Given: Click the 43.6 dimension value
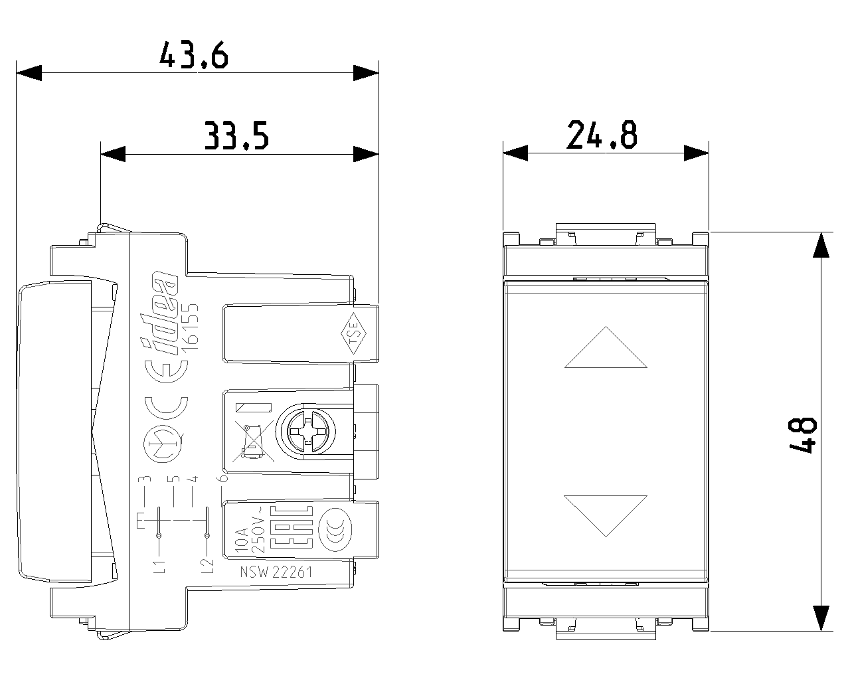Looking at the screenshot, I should point(194,55).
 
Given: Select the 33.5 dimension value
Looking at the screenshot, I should point(236,136).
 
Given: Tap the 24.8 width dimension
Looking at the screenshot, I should point(602,135).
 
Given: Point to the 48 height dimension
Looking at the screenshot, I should point(802,436).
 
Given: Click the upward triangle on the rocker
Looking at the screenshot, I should point(605,348).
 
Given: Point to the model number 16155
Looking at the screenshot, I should point(191,324).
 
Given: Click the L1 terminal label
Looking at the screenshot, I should point(158,566).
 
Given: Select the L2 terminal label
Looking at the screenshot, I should point(207,566).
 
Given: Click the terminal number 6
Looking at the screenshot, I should point(224,477).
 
